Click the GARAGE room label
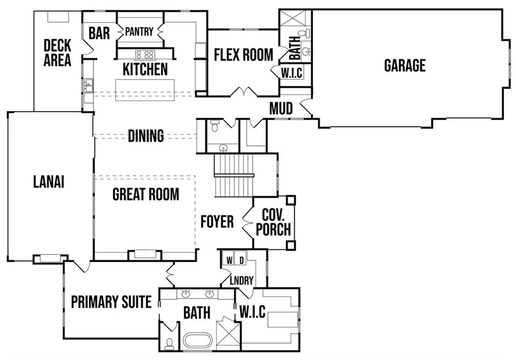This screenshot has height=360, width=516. [405, 65]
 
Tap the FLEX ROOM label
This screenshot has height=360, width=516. [243, 54]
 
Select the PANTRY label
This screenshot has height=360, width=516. [139, 32]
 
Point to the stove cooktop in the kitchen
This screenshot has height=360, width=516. [145, 54]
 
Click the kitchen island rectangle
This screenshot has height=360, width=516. [145, 90]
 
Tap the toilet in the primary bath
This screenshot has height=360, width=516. [169, 343]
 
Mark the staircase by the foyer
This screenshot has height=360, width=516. [234, 176]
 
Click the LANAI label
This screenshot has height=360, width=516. [49, 182]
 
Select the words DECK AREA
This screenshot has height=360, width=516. [57, 52]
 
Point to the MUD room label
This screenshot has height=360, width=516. [281, 108]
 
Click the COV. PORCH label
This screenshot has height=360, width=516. [274, 222]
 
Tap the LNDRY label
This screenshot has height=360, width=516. [241, 280]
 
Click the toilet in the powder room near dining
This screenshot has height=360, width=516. [215, 125]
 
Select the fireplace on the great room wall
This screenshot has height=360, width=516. [145, 255]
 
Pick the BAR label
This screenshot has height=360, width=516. [99, 33]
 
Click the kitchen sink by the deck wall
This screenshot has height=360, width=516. [88, 86]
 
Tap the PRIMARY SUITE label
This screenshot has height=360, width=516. [111, 302]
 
